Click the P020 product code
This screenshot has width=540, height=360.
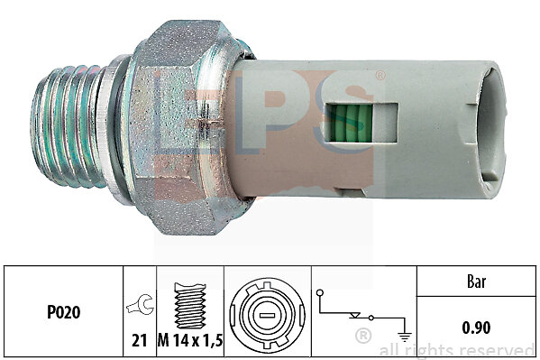tap(64, 312)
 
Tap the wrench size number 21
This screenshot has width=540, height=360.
tap(140, 341)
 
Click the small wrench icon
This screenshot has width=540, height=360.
tap(140, 304)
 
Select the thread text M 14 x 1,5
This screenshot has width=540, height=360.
tap(190, 341)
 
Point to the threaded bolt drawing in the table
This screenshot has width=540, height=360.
tap(190, 306)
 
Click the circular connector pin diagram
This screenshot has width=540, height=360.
tap(267, 316)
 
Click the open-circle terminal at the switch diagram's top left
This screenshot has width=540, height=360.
tap(320, 293)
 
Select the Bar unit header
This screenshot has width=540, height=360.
tap(477, 282)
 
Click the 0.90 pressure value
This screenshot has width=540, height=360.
tap(476, 328)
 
